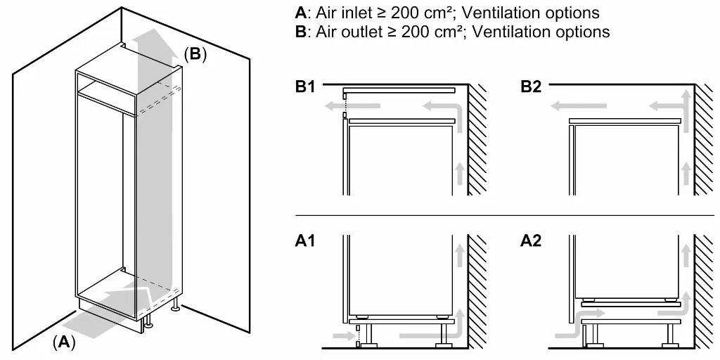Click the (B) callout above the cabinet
coord(195,54)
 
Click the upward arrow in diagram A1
coord(460,257)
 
